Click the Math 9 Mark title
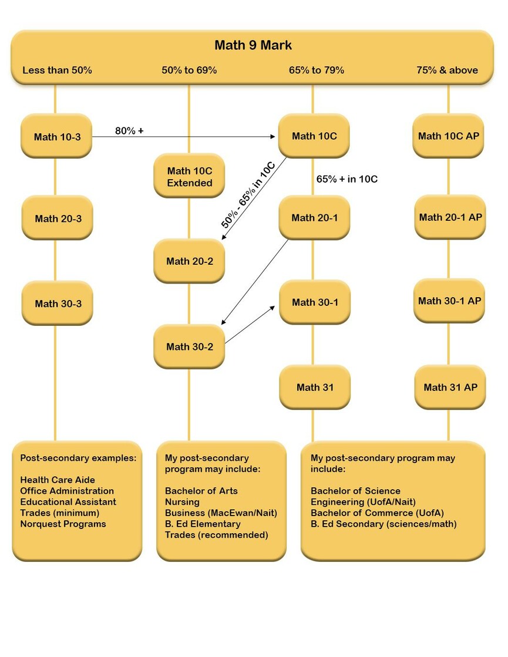pos(253,45)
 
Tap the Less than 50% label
pos(57,70)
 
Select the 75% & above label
pos(447,70)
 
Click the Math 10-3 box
pos(56,136)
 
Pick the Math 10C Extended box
pos(190,176)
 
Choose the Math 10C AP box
pos(449,136)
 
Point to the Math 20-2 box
pos(190,261)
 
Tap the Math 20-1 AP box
pos(450,217)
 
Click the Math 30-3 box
pos(58,304)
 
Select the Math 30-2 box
pos(190,346)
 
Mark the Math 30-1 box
pos(315,302)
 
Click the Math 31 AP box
pos(450,387)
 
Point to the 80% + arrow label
pos(129,131)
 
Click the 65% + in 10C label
pos(346,179)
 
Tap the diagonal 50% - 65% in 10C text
pos(248,195)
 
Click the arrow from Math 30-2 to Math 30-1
pos(250,325)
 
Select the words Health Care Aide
pos(58,480)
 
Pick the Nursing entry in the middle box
pos(182,501)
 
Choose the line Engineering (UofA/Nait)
pos(363,501)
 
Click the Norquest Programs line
pos(63,524)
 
